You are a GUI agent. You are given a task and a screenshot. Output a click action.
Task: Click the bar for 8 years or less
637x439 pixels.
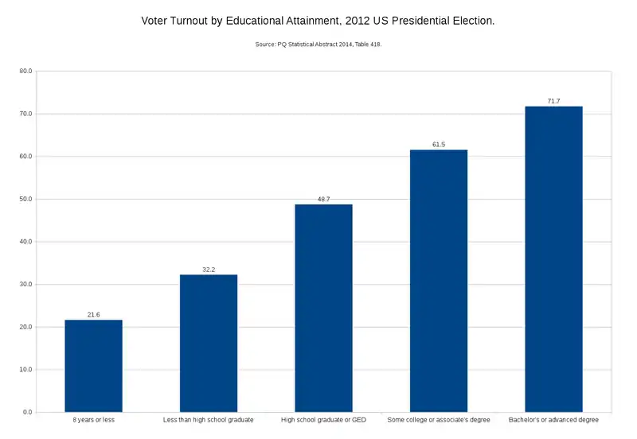click(x=93, y=366)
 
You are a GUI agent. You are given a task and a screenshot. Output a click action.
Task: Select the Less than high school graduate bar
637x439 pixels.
click(x=209, y=343)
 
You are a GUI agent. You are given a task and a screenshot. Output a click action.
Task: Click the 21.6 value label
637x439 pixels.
click(x=93, y=315)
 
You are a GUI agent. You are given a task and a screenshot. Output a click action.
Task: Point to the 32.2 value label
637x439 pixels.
click(x=209, y=270)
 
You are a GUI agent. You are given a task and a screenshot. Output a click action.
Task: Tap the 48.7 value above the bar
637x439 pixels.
click(x=323, y=200)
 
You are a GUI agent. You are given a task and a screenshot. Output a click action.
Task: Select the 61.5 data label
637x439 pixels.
click(x=439, y=145)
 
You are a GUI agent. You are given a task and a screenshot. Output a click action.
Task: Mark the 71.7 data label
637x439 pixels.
click(x=553, y=101)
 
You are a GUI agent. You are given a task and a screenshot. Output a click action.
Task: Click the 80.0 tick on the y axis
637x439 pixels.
click(x=25, y=72)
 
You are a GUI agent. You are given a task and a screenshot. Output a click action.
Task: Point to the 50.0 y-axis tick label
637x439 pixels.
click(x=25, y=200)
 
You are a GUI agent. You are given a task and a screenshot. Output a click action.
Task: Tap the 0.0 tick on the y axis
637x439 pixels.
click(x=27, y=413)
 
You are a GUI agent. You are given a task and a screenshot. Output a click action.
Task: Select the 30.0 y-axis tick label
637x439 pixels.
click(x=25, y=285)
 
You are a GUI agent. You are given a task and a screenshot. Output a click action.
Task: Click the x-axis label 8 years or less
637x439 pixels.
click(x=93, y=419)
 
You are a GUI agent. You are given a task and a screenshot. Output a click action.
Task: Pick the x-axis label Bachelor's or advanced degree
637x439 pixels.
click(x=553, y=419)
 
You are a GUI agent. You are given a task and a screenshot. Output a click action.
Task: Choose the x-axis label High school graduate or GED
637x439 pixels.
click(x=323, y=419)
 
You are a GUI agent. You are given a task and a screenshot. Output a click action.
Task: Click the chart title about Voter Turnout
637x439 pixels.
click(x=318, y=20)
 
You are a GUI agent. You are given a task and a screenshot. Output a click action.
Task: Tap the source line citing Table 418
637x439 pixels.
click(x=318, y=45)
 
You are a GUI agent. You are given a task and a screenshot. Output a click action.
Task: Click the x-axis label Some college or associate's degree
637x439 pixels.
click(x=439, y=419)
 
